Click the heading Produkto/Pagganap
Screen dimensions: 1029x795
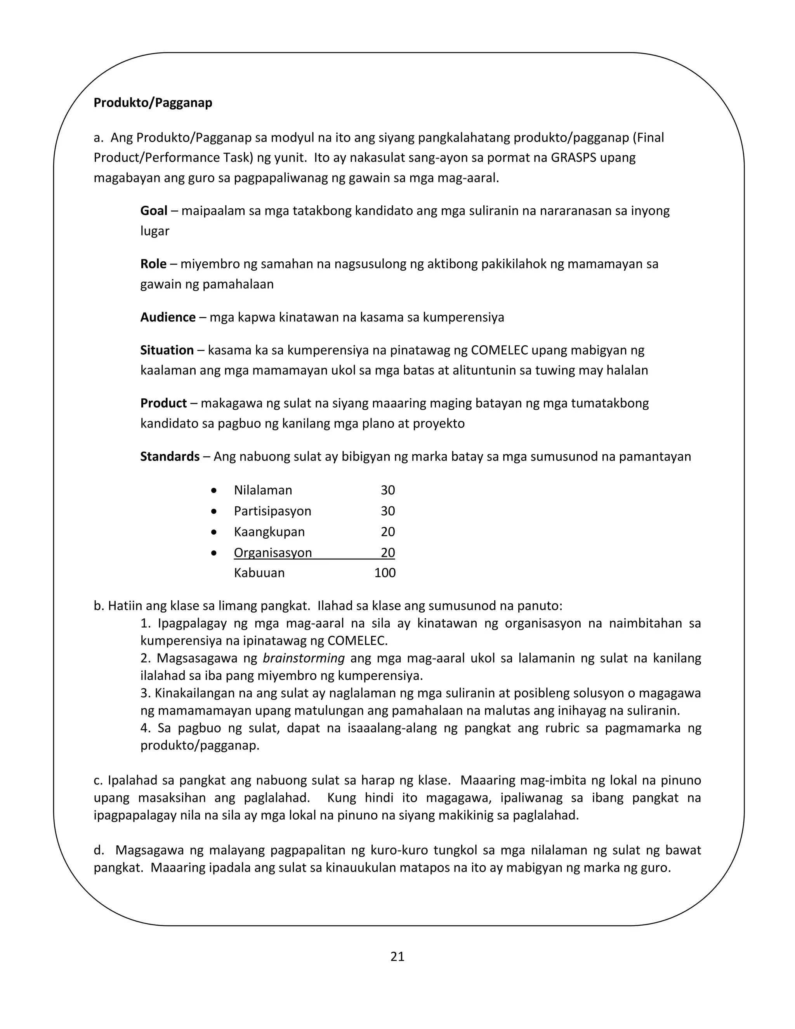153,103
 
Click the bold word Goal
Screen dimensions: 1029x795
154,210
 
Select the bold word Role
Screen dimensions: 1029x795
153,264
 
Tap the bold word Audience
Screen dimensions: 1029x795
168,317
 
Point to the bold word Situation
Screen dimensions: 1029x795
167,350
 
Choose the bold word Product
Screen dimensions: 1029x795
163,403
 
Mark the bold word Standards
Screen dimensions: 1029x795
170,457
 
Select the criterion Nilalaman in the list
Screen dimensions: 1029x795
263,490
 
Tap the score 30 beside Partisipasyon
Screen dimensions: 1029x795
388,511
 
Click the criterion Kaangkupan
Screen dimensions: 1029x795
269,532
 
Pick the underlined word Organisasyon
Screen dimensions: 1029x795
273,553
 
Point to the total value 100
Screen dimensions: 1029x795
385,573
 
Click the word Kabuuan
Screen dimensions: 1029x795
259,573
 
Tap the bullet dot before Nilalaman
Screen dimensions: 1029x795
214,491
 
